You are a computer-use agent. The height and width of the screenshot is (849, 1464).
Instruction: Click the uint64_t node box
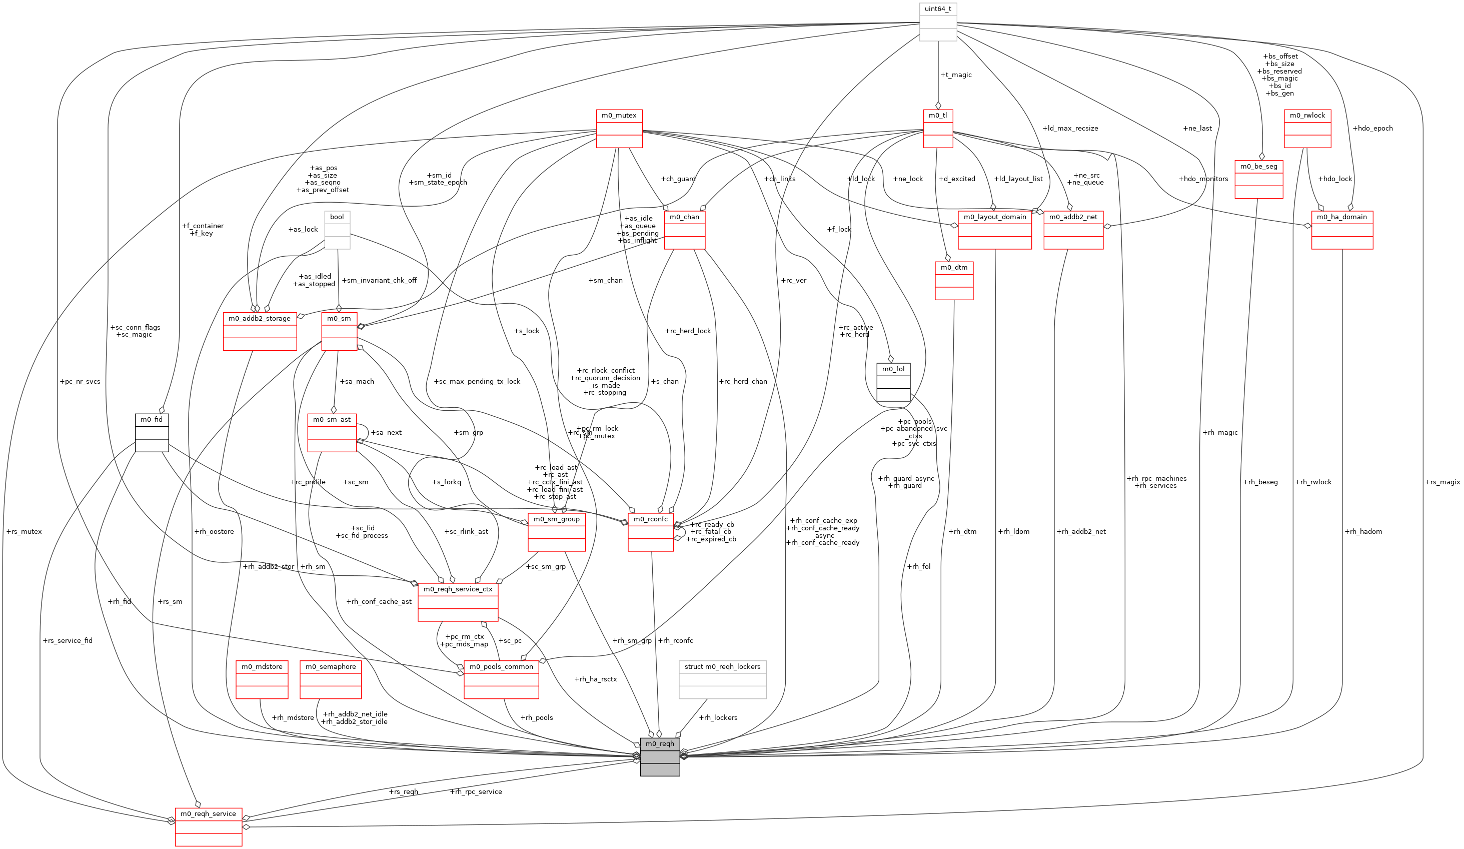click(x=938, y=22)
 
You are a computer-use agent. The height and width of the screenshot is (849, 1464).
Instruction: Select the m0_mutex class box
click(x=619, y=129)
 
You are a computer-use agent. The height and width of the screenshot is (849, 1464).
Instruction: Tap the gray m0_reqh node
click(x=659, y=756)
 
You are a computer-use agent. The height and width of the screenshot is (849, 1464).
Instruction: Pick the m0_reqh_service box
click(x=208, y=826)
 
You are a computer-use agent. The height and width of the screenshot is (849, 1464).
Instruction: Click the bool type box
click(x=337, y=230)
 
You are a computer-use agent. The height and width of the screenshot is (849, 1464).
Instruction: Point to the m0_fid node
click(x=152, y=432)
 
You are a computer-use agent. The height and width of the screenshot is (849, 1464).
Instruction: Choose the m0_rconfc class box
click(x=650, y=532)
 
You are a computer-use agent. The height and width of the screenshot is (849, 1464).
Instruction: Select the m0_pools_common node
click(x=501, y=679)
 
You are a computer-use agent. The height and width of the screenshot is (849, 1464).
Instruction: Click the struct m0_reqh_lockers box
click(x=722, y=679)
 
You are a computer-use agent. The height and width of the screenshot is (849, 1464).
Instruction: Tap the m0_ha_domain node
click(x=1341, y=230)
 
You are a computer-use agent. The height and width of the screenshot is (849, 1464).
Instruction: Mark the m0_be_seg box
click(x=1258, y=179)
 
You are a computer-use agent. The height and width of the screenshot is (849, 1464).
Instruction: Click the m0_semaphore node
click(x=331, y=679)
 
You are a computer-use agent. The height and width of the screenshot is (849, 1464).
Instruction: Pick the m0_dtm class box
click(x=954, y=280)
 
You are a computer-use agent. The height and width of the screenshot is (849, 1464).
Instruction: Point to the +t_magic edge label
click(x=956, y=75)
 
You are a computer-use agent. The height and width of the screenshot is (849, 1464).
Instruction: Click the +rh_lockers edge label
click(x=718, y=717)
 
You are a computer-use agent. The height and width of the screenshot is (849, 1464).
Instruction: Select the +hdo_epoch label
click(x=1372, y=129)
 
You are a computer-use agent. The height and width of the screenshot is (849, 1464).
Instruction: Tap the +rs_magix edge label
click(x=1442, y=482)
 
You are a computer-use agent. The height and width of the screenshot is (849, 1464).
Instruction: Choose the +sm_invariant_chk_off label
click(x=379, y=280)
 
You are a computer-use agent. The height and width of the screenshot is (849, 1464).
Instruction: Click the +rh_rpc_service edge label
click(x=475, y=791)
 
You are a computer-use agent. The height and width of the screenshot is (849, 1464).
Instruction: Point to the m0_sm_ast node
click(x=332, y=432)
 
